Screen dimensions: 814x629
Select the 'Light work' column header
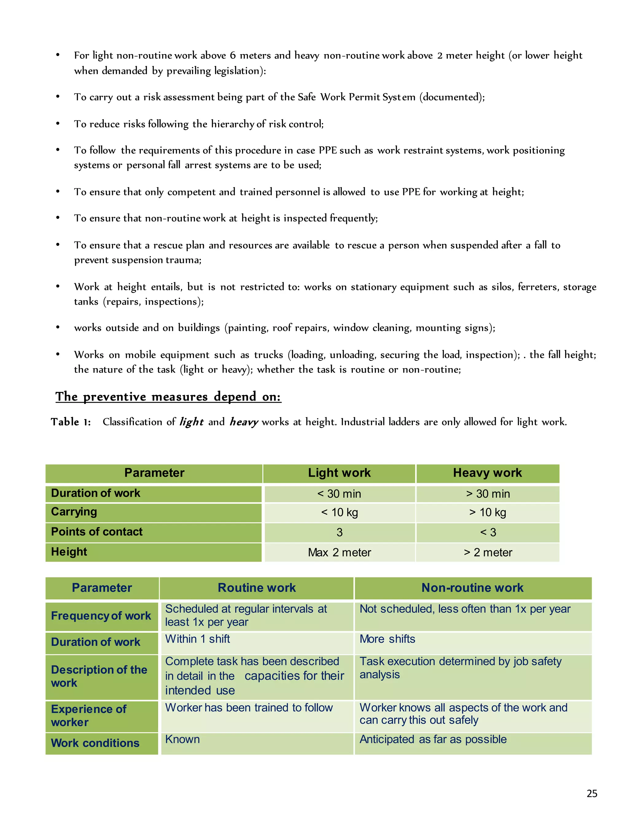339,473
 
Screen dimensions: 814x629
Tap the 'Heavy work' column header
487,473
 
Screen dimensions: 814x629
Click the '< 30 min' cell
339,494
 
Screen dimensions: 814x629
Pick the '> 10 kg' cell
487,512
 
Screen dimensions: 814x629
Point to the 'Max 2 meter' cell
339,552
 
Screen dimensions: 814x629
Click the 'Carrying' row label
74,512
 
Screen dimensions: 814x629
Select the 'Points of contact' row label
96,532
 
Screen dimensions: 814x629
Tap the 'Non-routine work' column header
472,588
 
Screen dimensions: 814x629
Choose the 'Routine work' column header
256,588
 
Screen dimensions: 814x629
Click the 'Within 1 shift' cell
197,639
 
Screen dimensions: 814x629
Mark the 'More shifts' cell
387,639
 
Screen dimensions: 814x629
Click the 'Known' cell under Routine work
182,739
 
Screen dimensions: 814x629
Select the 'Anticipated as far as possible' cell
433,739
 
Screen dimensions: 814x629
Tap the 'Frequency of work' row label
101,616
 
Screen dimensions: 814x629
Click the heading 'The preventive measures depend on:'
168,396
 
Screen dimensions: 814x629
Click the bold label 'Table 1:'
71,422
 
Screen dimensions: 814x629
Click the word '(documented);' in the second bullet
452,97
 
